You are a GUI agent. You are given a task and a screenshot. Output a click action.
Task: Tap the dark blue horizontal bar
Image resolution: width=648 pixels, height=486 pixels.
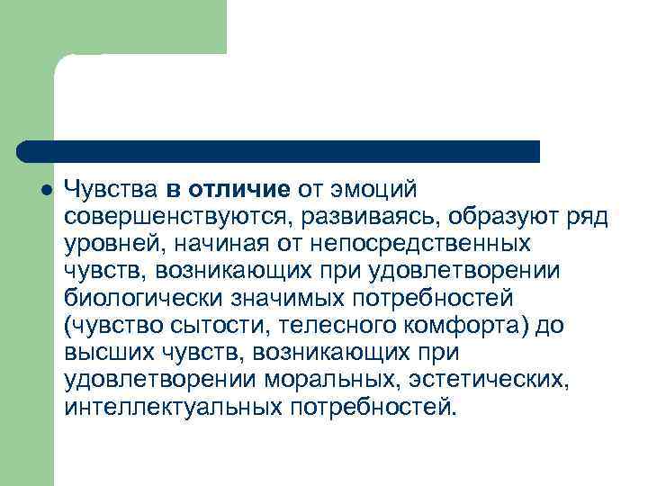pos(279,150)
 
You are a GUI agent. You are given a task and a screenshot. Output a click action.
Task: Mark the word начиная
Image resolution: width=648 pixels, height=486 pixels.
pos(202,244)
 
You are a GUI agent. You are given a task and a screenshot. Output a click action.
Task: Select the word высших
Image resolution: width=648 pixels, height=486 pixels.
pos(103,352)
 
